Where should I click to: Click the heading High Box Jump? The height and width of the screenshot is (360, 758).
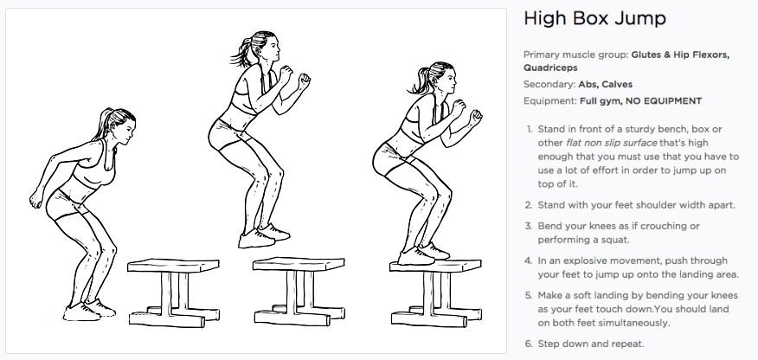[594, 18]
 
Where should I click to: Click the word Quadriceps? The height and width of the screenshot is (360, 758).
[550, 67]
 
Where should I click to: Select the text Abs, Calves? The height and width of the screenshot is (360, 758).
[605, 85]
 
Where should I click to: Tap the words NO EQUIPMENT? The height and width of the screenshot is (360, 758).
[665, 101]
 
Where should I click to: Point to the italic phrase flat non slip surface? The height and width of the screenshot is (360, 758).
[612, 143]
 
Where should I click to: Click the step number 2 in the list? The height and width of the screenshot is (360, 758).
[529, 205]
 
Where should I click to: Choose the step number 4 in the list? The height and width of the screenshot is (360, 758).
[529, 260]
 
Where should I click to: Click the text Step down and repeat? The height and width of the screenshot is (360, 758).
[591, 344]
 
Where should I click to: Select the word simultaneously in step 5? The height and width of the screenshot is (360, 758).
[627, 323]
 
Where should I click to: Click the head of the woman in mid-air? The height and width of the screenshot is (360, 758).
[261, 47]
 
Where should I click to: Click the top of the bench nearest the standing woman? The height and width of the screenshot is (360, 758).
[173, 266]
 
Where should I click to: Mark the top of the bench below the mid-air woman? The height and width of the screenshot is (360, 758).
[299, 264]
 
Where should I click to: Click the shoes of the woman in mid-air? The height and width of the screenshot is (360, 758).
[263, 235]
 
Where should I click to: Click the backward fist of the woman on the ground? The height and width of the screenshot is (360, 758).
[35, 199]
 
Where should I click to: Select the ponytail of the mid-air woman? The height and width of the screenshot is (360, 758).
[241, 52]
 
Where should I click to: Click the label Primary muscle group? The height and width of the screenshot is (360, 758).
[575, 55]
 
